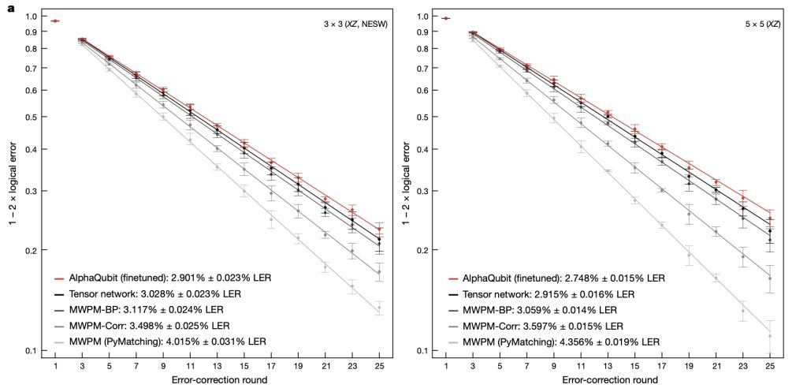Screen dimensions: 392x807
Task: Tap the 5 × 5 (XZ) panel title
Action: (762, 24)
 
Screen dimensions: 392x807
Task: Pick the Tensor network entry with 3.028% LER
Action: (150, 293)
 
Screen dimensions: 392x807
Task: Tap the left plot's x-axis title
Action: (217, 380)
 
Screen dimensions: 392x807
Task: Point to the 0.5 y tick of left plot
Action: (32, 117)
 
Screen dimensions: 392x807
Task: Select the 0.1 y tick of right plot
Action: (423, 351)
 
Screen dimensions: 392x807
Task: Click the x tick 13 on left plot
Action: (218, 366)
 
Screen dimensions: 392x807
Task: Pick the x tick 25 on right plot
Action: (770, 366)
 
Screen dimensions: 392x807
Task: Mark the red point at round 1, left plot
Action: (55, 21)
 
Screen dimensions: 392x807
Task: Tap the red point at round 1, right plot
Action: (447, 18)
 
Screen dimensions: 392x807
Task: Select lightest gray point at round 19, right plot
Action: (689, 255)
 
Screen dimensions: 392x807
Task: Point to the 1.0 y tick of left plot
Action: (32, 16)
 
